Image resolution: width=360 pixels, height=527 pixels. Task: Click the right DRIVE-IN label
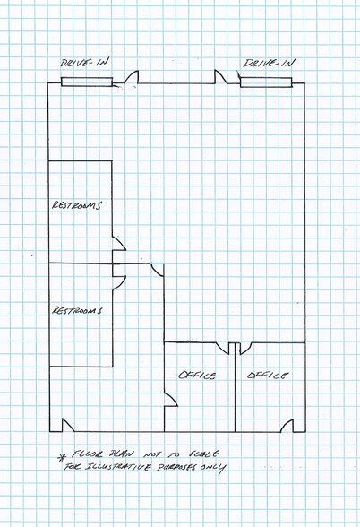pos(270,64)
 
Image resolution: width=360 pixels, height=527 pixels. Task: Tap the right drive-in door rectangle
pos(267,83)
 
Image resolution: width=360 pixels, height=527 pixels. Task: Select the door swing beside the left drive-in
pos(132,79)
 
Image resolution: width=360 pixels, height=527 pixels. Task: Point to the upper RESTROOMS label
pos(77,204)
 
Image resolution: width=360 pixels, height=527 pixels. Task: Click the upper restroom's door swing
pos(118,242)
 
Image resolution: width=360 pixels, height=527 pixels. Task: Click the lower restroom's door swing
pos(118,278)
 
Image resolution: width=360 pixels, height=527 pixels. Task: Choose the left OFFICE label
pos(197,376)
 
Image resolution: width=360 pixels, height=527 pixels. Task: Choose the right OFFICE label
pos(268,375)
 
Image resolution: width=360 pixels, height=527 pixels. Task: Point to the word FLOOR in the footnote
pos(89,454)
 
